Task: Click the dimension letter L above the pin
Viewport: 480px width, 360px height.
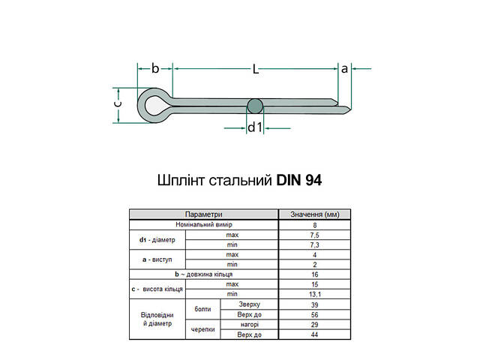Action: click(x=256, y=69)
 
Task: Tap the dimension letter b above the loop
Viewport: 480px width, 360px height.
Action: click(x=155, y=68)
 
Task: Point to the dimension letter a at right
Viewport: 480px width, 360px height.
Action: click(x=345, y=68)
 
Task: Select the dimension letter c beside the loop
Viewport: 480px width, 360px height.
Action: click(x=117, y=105)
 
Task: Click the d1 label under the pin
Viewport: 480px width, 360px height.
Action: click(x=255, y=127)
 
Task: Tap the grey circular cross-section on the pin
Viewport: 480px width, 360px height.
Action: click(x=255, y=105)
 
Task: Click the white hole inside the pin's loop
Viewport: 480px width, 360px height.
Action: click(x=155, y=105)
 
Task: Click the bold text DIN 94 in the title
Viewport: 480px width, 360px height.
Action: click(x=300, y=180)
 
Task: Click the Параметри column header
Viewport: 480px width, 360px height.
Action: click(x=203, y=214)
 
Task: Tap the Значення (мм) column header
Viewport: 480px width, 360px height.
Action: click(x=315, y=214)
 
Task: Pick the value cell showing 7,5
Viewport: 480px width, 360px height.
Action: click(x=315, y=235)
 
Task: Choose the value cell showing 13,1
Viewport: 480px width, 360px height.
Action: click(x=315, y=293)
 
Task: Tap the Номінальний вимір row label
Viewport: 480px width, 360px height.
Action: click(x=203, y=224)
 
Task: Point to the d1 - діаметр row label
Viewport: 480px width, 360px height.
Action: click(x=157, y=240)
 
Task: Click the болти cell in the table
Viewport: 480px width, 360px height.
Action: click(x=202, y=309)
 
